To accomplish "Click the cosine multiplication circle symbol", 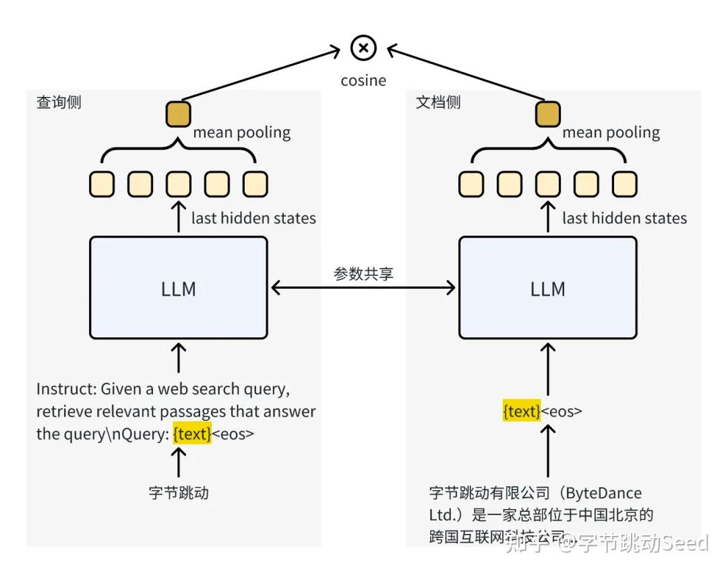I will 364,48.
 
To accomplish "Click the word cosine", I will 363,81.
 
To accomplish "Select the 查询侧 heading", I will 59,102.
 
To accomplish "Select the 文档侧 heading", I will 438,102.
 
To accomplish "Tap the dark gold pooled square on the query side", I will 179,114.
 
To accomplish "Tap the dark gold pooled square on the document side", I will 548,114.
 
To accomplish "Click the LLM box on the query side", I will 179,288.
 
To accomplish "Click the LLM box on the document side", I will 547,288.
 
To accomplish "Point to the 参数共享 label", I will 363,274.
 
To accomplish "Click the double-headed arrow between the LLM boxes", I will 363,288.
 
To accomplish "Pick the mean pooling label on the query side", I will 242,133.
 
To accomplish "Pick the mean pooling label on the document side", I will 611,133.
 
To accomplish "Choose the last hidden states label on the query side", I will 253,218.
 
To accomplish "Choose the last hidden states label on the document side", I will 624,218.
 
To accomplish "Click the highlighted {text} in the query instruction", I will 192,434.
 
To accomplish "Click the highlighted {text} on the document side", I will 522,411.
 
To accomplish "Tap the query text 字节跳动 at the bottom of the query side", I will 179,493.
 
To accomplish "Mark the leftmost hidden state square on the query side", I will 102,184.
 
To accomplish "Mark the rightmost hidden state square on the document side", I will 625,184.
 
